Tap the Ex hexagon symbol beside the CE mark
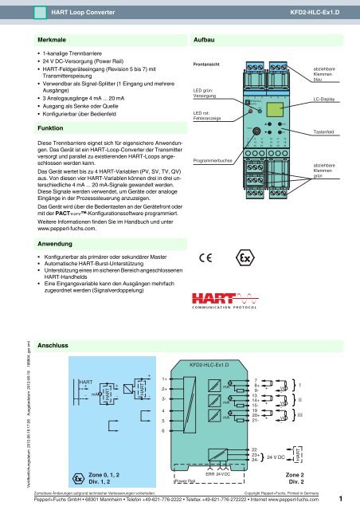tap(245, 260)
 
